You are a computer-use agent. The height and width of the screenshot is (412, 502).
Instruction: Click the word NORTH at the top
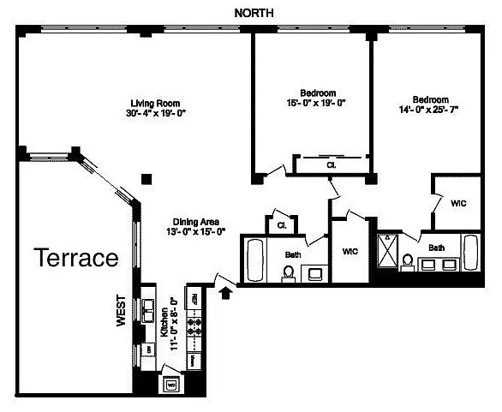point(254,11)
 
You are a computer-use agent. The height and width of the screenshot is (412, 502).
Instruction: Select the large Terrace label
point(75,258)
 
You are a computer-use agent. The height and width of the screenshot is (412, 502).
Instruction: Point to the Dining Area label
point(195,220)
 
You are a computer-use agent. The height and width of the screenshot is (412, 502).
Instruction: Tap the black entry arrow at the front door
point(226,294)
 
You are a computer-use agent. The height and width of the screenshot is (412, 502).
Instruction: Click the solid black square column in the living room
point(147,180)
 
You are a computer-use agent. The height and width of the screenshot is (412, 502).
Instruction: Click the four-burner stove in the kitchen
point(195,329)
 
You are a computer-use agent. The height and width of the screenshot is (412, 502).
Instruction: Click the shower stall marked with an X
point(388,250)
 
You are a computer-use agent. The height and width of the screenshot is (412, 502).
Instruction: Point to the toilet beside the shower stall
point(408,261)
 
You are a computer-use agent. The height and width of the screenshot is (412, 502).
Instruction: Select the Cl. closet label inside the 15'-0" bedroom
point(330,164)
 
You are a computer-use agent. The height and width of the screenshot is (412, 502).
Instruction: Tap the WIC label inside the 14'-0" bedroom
point(457,204)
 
